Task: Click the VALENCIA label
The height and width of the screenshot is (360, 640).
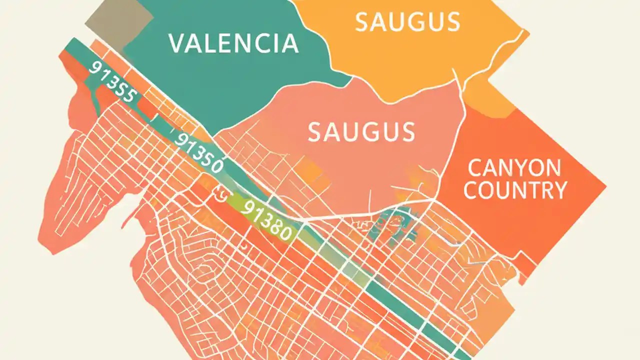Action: pos(233,43)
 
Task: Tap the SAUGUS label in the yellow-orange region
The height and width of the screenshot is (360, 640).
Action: pos(407,22)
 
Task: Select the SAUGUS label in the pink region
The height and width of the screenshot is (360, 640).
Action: pos(361,131)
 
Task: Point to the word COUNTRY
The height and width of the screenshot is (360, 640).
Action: pos(515,190)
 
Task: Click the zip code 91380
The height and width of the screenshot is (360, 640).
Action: pos(265,220)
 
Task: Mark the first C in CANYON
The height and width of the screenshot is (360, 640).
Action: pos(471,168)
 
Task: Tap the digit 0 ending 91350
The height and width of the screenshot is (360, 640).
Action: pos(215,165)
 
